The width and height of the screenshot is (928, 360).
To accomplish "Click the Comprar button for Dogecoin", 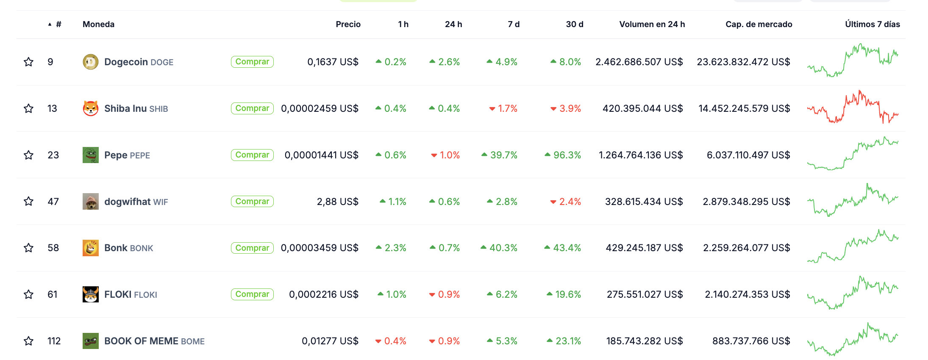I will [252, 62].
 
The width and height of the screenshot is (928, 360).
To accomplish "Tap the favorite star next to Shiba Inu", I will [28, 108].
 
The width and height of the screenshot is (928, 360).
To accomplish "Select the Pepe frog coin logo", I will [90, 155].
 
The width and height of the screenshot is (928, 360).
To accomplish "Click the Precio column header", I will [348, 24].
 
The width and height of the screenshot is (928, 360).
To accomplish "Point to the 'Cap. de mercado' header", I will [759, 24].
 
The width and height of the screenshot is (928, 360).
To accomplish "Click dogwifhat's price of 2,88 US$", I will [337, 202].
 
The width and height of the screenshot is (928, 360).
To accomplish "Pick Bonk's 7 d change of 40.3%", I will [503, 248].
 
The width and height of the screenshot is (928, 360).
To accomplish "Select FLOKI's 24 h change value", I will [448, 294].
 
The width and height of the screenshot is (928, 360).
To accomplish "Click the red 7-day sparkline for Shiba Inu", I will [853, 108].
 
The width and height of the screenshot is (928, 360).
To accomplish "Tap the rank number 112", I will [54, 341].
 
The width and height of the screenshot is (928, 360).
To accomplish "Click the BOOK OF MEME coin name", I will [141, 341].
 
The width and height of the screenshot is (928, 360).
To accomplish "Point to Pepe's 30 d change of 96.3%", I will [567, 155].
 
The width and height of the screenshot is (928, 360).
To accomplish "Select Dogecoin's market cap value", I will [743, 62].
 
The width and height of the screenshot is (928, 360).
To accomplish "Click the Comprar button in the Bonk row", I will [252, 248].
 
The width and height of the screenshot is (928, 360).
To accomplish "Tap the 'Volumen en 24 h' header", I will [652, 24].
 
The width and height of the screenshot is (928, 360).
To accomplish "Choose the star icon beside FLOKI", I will [28, 294].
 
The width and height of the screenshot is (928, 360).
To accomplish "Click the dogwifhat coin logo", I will [90, 202].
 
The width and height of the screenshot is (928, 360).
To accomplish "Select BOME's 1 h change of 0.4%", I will [395, 341].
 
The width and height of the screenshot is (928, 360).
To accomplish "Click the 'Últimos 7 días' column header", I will [872, 24].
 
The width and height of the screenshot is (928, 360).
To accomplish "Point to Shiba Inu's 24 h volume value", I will [642, 108].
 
